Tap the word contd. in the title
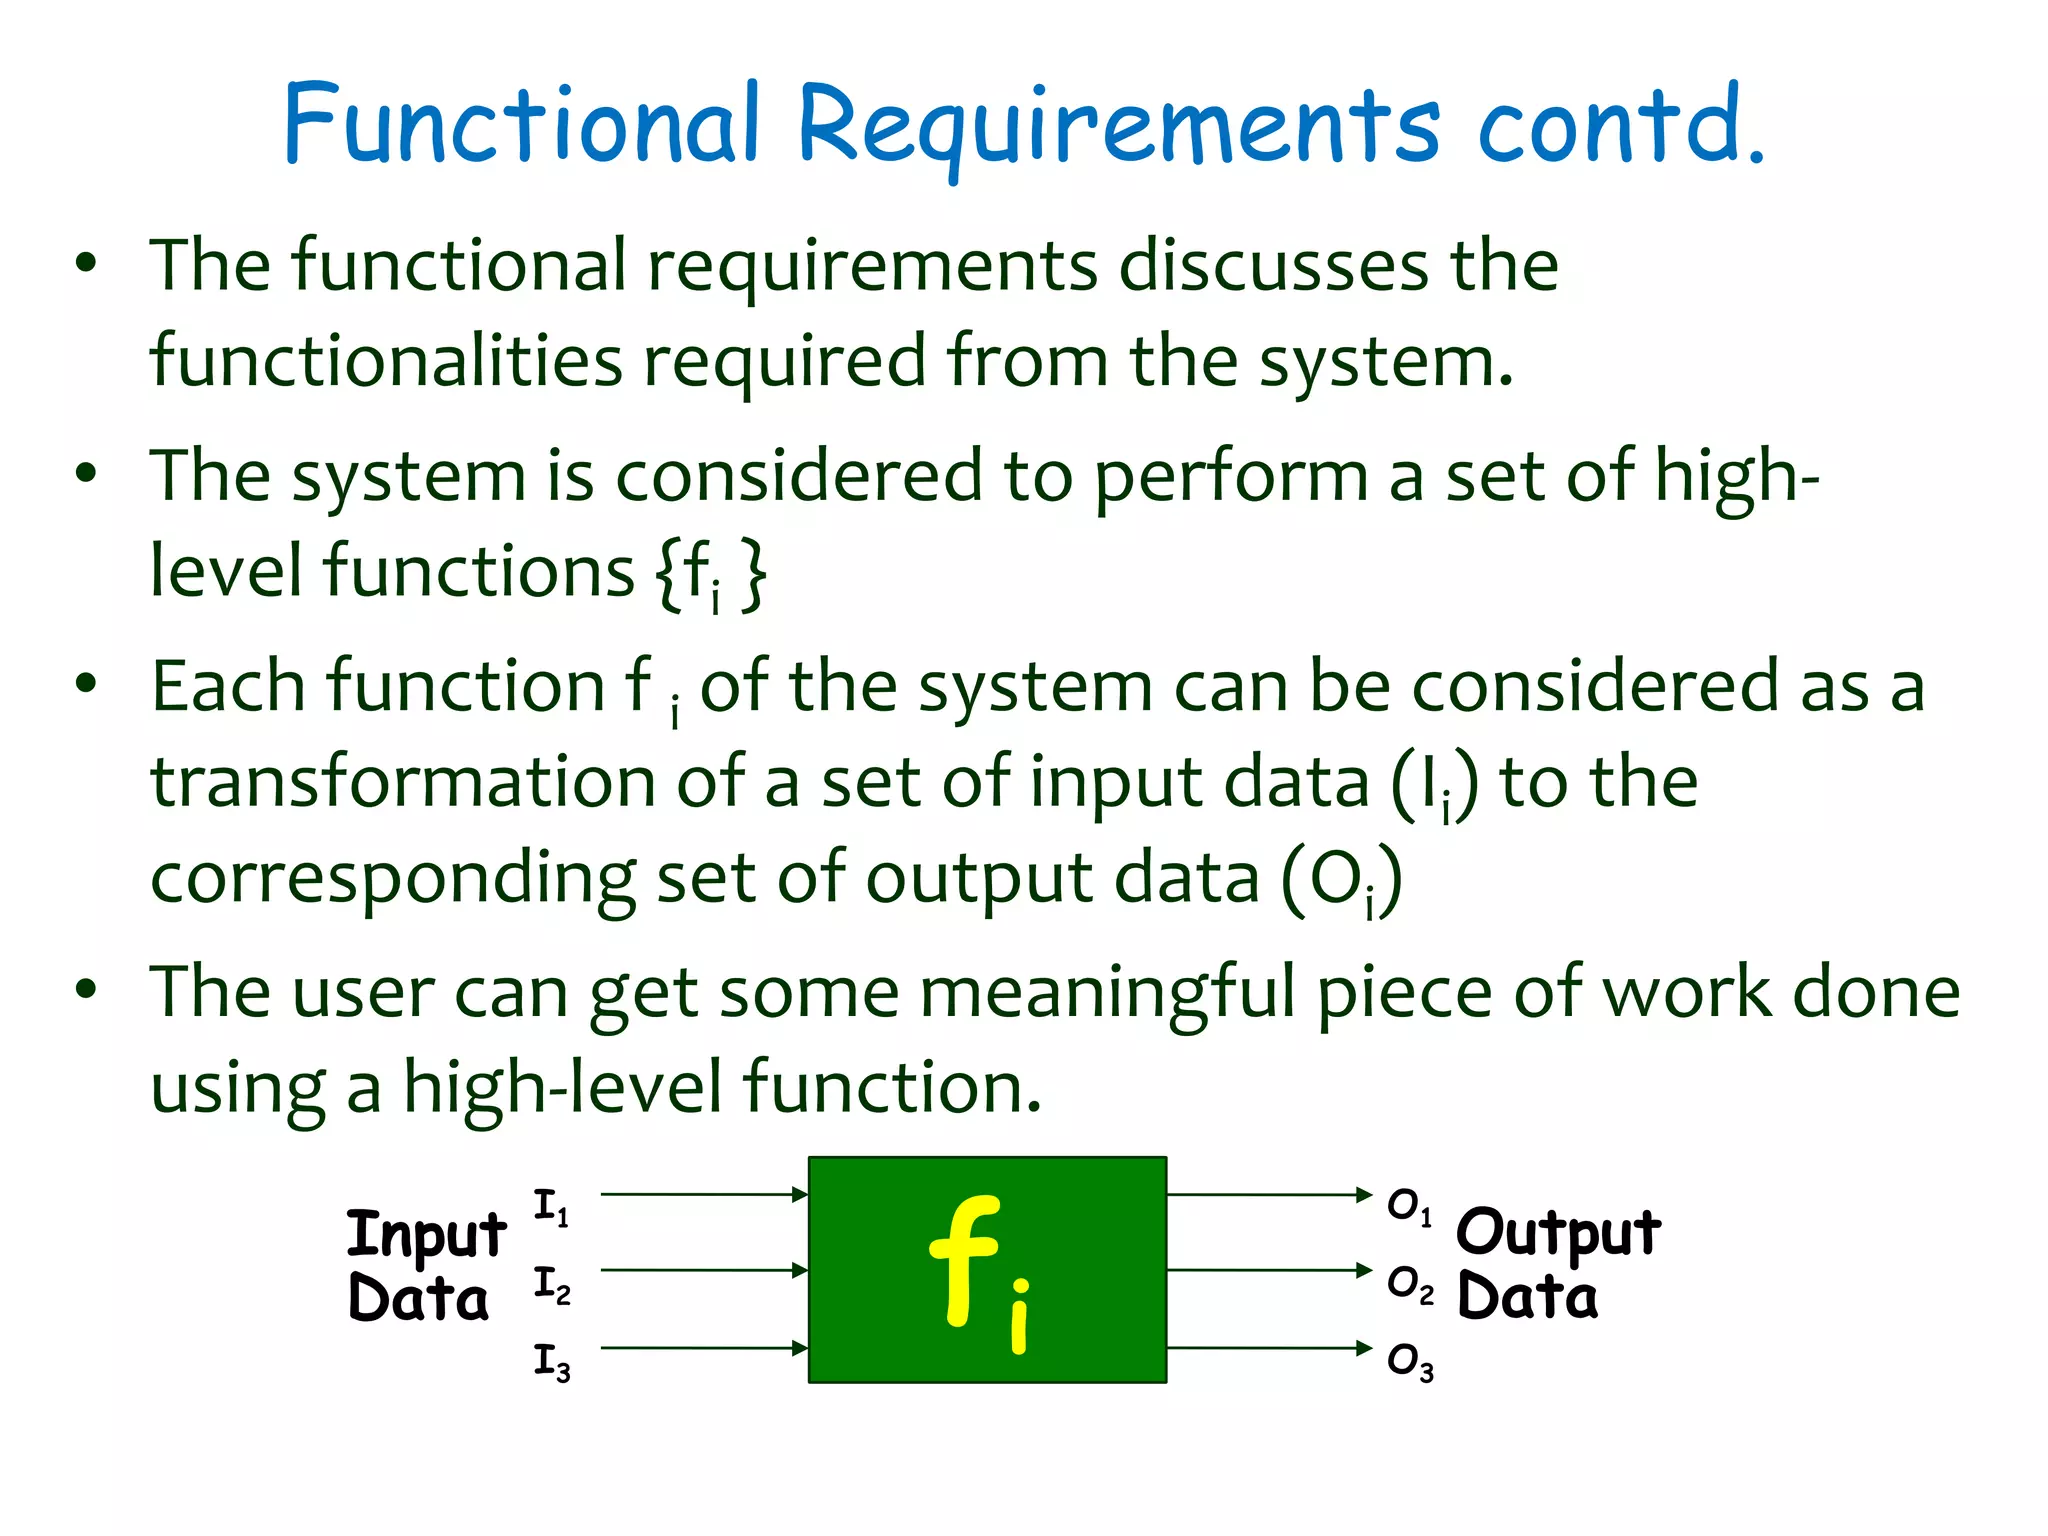tap(1620, 125)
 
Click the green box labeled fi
tap(987, 1270)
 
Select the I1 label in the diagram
tap(551, 1207)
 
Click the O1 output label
tap(1410, 1207)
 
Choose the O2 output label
tap(1410, 1285)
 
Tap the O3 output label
tap(1410, 1362)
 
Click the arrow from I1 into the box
tap(704, 1194)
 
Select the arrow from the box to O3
tap(1268, 1348)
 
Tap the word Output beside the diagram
tap(1558, 1233)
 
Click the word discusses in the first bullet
tap(1273, 266)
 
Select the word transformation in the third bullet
tap(402, 782)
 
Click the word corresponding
tap(392, 878)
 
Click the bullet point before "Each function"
tap(87, 685)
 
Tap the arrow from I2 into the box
tap(704, 1270)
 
